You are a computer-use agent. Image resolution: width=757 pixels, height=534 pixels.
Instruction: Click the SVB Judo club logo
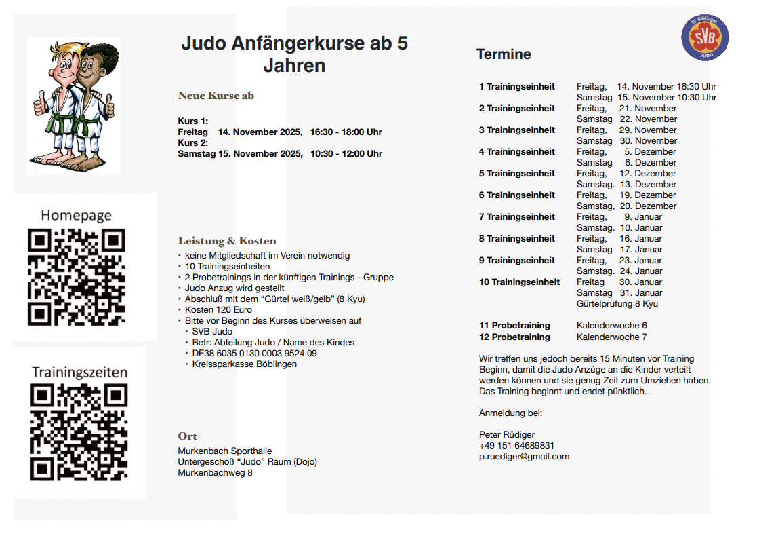point(705,37)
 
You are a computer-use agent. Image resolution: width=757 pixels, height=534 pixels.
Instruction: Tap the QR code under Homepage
point(76,278)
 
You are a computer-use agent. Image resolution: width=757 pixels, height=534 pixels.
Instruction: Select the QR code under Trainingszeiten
point(79,433)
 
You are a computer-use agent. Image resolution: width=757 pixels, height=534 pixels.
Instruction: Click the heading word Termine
point(504,54)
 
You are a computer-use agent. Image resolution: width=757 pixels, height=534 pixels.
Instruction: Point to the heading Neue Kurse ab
point(216,96)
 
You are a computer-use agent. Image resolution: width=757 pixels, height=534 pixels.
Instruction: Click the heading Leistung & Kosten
point(227,241)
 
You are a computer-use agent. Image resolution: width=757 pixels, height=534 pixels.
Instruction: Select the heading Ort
point(188,436)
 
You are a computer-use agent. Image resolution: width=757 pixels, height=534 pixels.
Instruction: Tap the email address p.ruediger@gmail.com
point(524,457)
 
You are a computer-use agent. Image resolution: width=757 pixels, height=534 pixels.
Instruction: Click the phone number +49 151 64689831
point(516,446)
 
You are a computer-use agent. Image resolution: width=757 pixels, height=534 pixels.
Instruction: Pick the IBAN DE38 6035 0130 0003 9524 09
point(254,354)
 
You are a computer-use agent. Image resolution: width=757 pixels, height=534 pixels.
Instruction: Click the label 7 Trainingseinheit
point(517,217)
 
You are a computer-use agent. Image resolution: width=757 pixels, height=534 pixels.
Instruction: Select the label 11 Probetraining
point(514,326)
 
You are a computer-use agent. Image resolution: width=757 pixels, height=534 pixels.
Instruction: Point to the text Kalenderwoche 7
point(611,337)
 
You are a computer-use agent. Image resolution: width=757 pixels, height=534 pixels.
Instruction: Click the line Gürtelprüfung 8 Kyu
point(617,304)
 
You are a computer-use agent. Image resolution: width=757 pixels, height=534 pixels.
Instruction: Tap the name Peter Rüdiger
point(507,435)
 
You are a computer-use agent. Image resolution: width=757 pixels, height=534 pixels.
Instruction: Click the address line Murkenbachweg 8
point(215,473)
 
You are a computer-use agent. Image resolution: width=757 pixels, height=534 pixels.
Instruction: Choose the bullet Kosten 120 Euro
point(218,310)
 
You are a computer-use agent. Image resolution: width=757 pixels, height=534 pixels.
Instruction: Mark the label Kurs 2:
point(192,143)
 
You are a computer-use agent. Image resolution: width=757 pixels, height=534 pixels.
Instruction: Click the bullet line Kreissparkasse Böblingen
point(244,364)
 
